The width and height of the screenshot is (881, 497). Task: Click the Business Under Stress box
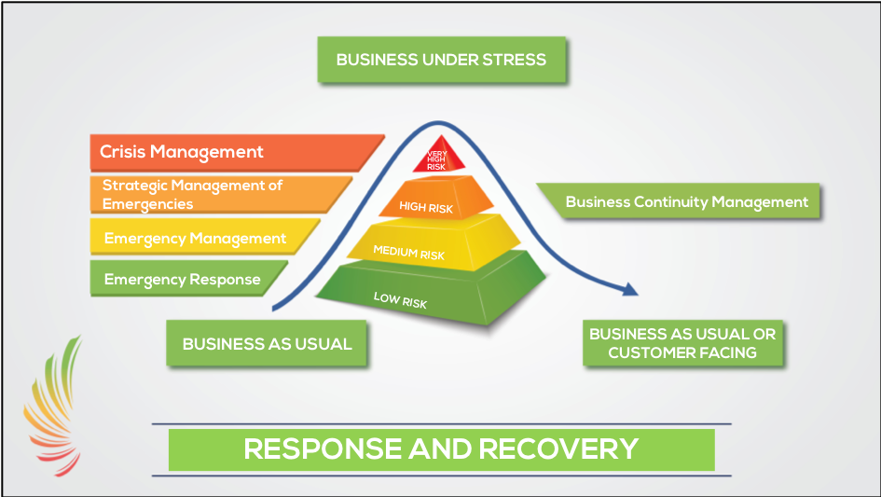[442, 60]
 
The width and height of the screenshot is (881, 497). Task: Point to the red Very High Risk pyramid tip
[439, 156]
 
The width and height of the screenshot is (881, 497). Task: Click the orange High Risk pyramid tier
[436, 198]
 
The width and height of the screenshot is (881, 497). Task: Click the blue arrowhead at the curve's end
[630, 290]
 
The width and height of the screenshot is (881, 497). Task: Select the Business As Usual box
[267, 343]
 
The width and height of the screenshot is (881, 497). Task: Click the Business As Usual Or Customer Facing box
[682, 343]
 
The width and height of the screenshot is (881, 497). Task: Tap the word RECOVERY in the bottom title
[558, 449]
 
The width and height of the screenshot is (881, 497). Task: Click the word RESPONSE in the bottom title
[323, 449]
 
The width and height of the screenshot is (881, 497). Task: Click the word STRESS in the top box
[514, 60]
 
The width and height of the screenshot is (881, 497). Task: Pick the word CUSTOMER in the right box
[645, 352]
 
